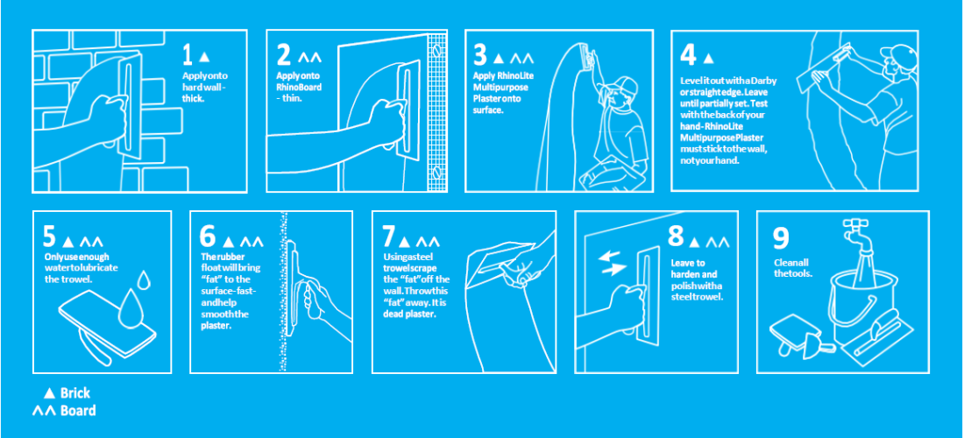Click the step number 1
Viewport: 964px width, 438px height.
point(188,54)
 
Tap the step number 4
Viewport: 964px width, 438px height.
point(688,54)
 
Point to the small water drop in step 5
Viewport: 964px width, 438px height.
point(144,279)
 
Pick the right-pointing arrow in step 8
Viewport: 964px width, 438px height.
point(613,268)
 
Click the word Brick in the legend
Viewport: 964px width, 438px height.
point(75,393)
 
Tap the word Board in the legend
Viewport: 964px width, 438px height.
point(78,410)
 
